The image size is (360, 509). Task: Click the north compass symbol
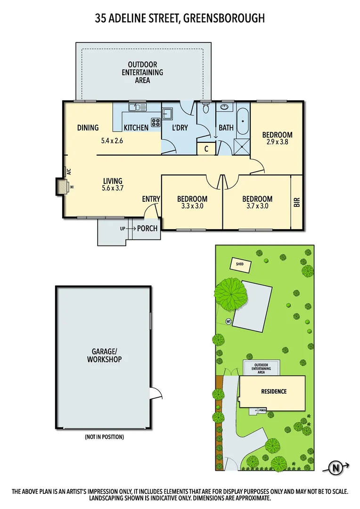[336, 468]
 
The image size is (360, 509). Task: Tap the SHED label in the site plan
[240, 264]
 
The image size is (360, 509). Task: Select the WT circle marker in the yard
[229, 322]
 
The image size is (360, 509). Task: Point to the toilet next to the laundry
[205, 109]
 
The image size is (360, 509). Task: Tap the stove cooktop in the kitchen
[156, 124]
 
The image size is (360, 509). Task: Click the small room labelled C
[206, 149]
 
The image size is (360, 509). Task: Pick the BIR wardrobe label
[297, 202]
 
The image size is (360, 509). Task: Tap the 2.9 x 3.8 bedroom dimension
[277, 142]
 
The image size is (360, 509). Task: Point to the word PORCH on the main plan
[147, 229]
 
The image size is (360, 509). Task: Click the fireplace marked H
[60, 186]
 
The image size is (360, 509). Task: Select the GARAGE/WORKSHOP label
[105, 355]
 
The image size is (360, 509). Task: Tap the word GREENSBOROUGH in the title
[225, 18]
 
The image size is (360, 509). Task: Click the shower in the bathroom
[242, 147]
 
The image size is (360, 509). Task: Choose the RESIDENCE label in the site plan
[274, 392]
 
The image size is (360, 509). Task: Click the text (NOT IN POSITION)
[105, 437]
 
